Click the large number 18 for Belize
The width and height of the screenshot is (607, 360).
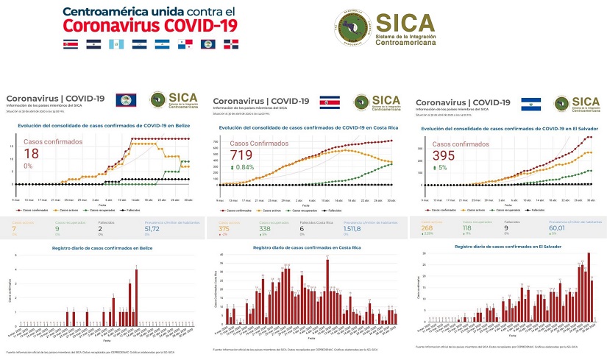pyautogui.click(x=31, y=154)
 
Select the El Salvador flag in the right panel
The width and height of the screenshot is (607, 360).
pyautogui.click(x=531, y=103)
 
